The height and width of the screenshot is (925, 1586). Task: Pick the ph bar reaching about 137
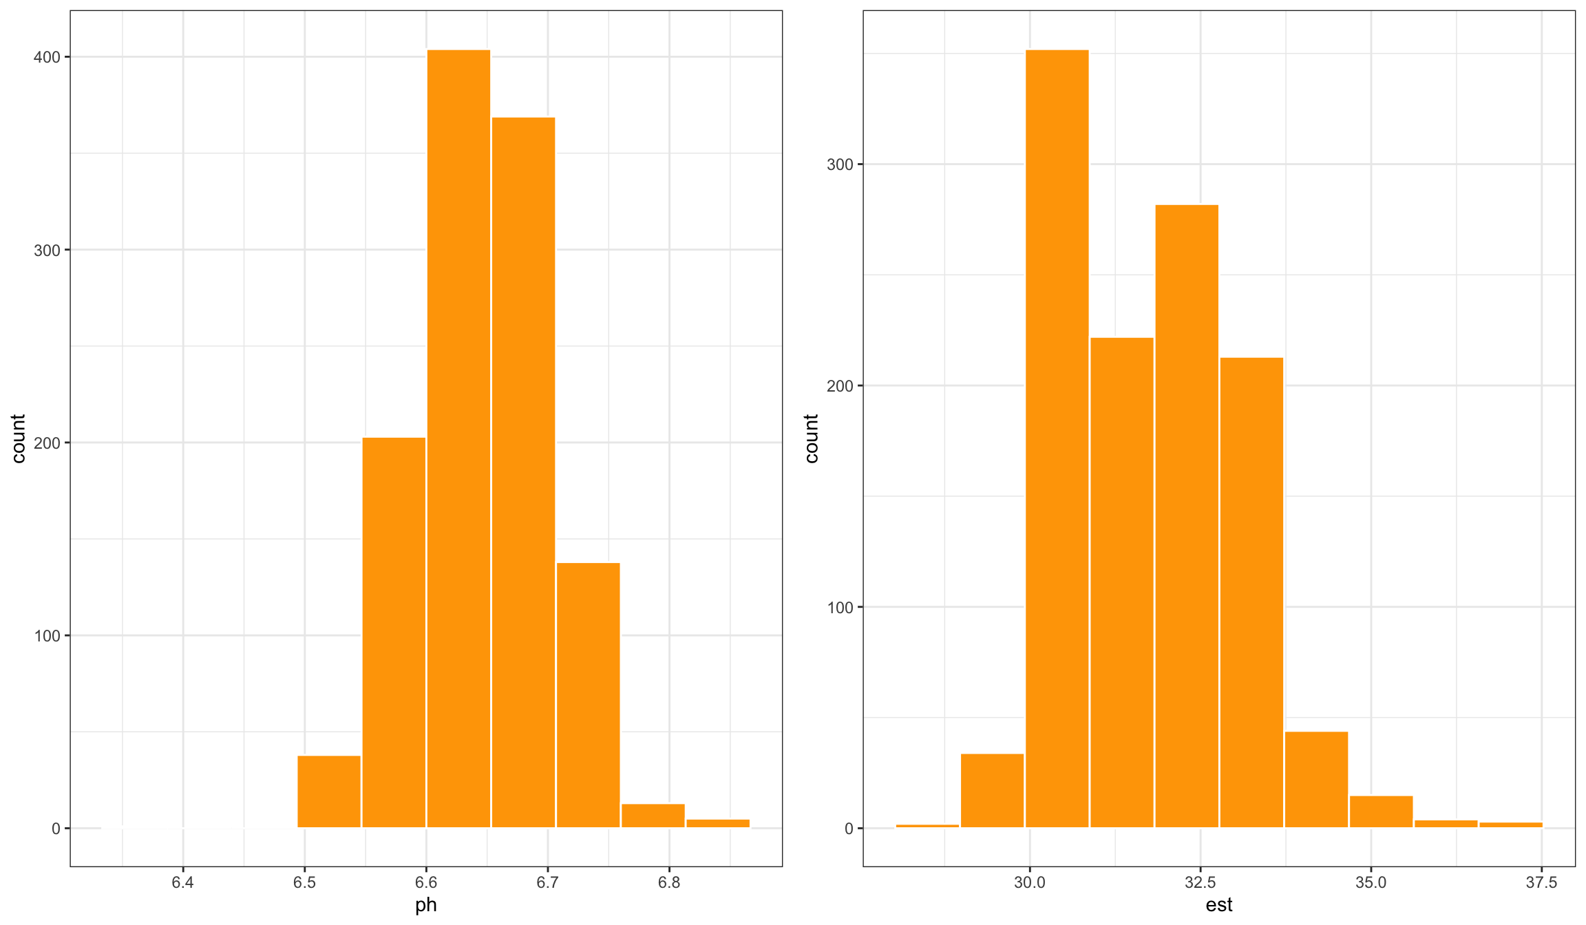pyautogui.click(x=588, y=695)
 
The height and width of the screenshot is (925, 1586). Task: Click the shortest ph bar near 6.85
pyautogui.click(x=718, y=823)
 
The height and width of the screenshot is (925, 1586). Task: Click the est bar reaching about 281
pyautogui.click(x=1187, y=516)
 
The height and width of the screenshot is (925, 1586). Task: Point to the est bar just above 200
pyautogui.click(x=1251, y=593)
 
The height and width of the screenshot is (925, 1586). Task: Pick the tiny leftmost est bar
pyautogui.click(x=927, y=826)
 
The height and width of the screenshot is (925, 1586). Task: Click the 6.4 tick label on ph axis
pyautogui.click(x=183, y=883)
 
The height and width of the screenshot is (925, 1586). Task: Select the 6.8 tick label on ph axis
pyautogui.click(x=669, y=883)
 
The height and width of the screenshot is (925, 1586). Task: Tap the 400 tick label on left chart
pyautogui.click(x=47, y=57)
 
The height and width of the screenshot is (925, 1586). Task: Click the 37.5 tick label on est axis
pyautogui.click(x=1541, y=883)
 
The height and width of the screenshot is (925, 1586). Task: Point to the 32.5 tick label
pyautogui.click(x=1200, y=883)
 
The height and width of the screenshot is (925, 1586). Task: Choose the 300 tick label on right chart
pyautogui.click(x=840, y=164)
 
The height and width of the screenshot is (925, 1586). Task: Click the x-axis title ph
pyautogui.click(x=426, y=905)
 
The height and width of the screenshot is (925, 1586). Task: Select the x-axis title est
pyautogui.click(x=1219, y=905)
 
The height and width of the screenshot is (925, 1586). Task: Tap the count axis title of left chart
pyautogui.click(x=19, y=438)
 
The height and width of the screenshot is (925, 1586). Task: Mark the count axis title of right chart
pyautogui.click(x=812, y=438)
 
